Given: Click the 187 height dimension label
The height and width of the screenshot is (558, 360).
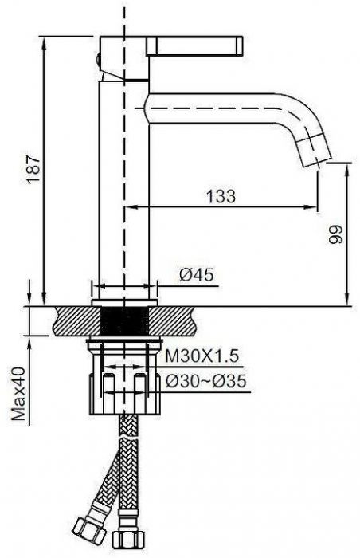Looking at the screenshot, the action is pyautogui.click(x=35, y=169).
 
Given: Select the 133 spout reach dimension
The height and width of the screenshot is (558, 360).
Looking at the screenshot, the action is pyautogui.click(x=221, y=196).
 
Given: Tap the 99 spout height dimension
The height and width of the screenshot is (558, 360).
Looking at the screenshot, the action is pyautogui.click(x=336, y=234).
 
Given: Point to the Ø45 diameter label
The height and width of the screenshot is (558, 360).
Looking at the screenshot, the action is pyautogui.click(x=197, y=274).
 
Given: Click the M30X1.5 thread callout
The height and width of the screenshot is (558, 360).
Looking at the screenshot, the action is pyautogui.click(x=202, y=356).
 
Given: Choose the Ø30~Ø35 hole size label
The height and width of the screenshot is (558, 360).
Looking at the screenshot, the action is pyautogui.click(x=206, y=382).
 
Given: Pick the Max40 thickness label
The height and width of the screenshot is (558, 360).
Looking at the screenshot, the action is pyautogui.click(x=19, y=394).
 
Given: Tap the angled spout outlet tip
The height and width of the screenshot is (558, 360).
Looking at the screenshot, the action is pyautogui.click(x=314, y=152).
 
